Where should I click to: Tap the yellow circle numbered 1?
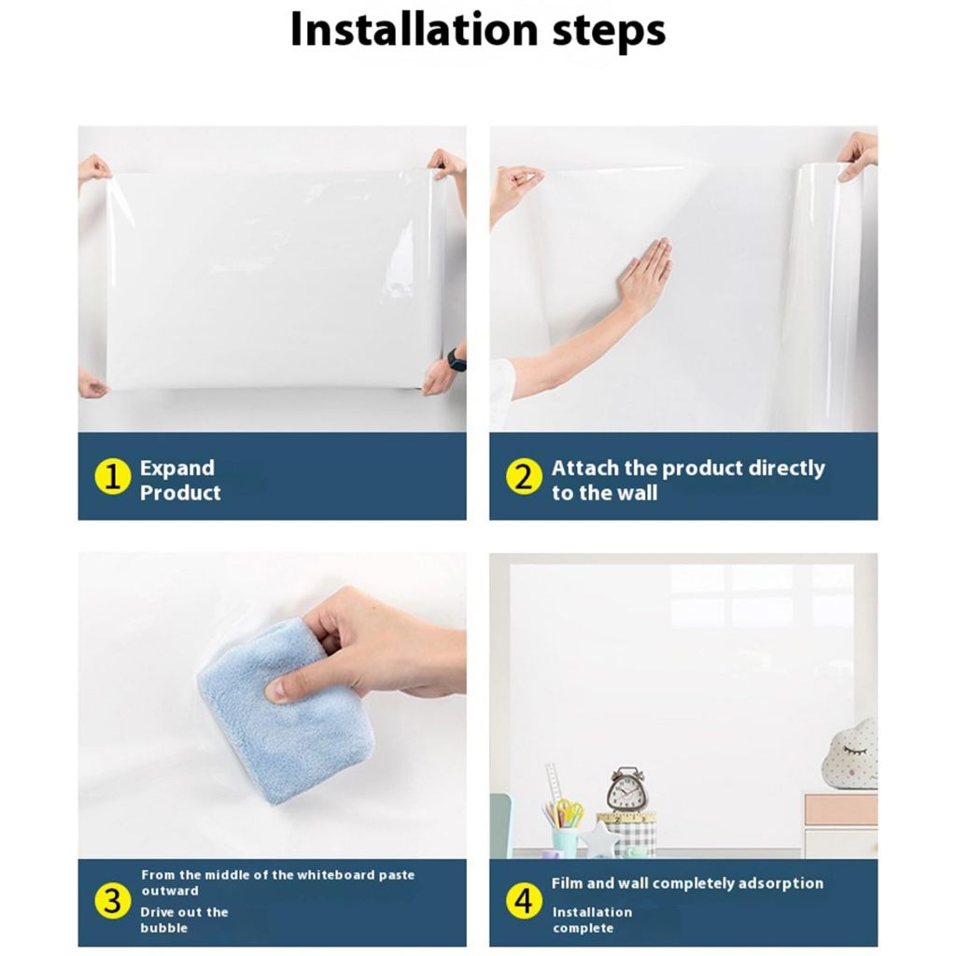pos(113,476)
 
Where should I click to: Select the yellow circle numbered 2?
pos(524,476)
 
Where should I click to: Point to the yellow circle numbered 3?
pos(113,901)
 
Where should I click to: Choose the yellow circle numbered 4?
pos(524,901)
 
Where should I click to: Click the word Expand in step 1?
pos(177,469)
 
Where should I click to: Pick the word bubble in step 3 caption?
pos(164,928)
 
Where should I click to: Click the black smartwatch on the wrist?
pos(457,359)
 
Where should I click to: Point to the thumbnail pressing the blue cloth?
pos(276,689)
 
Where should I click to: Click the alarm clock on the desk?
pos(626,789)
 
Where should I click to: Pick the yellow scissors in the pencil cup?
pos(569,812)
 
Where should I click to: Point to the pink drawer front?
pos(841,809)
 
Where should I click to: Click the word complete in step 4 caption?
pos(583,929)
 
